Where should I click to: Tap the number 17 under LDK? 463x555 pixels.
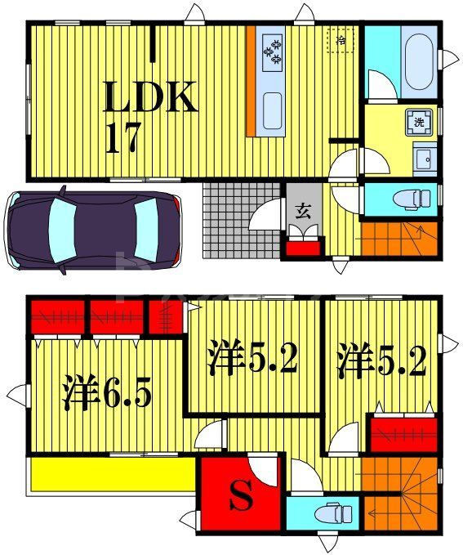[x=124, y=138]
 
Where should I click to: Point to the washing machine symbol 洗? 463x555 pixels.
[x=418, y=123]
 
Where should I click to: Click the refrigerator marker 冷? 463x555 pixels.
[x=341, y=39]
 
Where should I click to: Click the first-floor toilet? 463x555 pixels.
[x=412, y=198]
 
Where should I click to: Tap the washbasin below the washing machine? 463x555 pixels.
[x=423, y=157]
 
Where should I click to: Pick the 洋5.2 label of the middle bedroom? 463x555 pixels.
[x=251, y=360]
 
